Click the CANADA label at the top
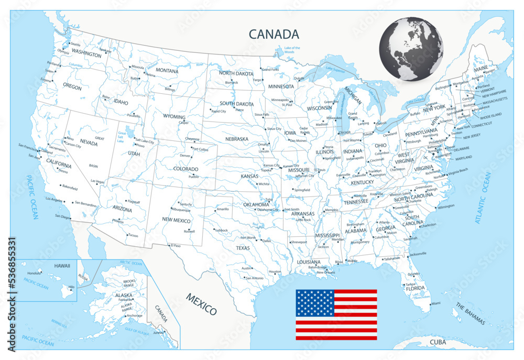click(x=274, y=35)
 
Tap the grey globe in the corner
click(x=411, y=49)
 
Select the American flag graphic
click(x=336, y=314)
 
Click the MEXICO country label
click(x=201, y=304)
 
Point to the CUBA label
click(x=438, y=342)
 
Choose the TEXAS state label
click(x=243, y=247)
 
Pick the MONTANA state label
click(x=167, y=70)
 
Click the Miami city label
click(x=435, y=303)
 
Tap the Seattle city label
click(x=75, y=44)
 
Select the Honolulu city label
click(x=34, y=273)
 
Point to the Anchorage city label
click(x=134, y=315)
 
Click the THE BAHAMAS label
click(x=470, y=314)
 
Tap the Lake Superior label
click(x=335, y=69)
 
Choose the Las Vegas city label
click(x=97, y=181)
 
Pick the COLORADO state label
click(x=186, y=169)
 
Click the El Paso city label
click(x=174, y=245)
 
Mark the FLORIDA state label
click(x=415, y=288)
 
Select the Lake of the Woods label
click(x=292, y=50)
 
